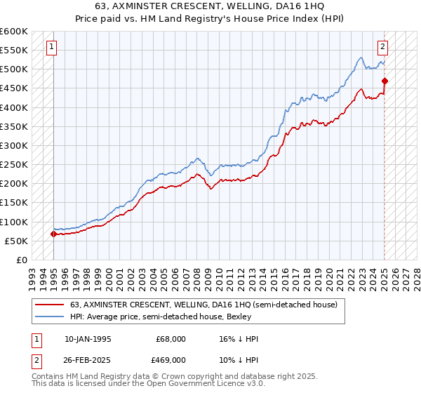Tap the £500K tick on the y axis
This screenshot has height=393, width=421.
click(14, 69)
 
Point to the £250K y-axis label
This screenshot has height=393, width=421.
click(14, 165)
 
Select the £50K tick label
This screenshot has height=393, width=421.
click(17, 241)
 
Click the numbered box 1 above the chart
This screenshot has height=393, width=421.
click(53, 47)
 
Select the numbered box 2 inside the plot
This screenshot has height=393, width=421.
click(382, 47)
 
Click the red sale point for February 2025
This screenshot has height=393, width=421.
click(385, 81)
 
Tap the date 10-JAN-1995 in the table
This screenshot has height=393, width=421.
click(87, 339)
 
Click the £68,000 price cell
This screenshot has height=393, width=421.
click(171, 339)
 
